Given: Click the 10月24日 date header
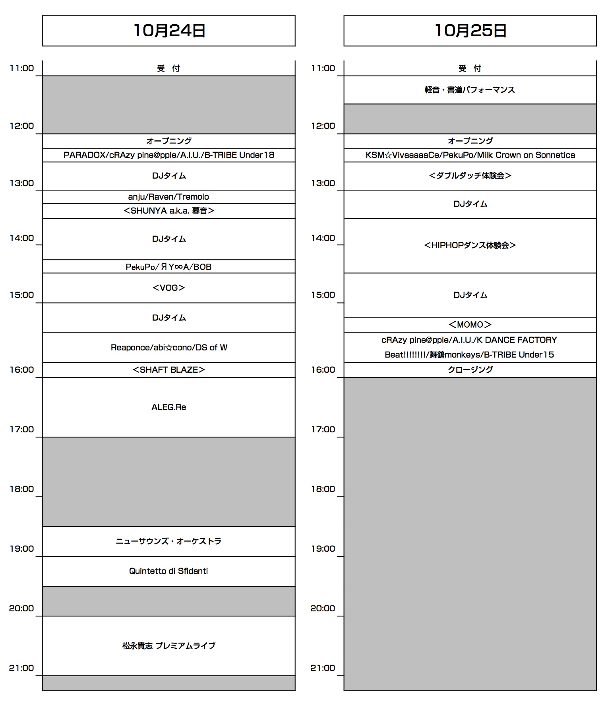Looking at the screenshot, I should tap(169, 31).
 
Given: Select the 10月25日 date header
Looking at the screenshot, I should tap(470, 31).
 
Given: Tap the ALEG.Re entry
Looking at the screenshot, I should tap(169, 407).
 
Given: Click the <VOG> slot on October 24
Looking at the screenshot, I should tap(169, 288).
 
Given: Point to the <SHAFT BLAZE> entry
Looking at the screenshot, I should tap(169, 370).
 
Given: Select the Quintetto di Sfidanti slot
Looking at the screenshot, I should tap(169, 571).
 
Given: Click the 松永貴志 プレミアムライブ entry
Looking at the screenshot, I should tap(169, 646).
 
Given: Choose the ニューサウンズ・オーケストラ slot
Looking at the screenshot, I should tap(169, 541).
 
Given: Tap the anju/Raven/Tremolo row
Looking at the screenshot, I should tap(169, 196).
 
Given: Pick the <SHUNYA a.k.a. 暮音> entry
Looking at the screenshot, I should tap(169, 211).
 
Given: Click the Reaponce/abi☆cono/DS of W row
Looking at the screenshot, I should tap(169, 348).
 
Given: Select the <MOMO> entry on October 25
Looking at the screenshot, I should tap(470, 325).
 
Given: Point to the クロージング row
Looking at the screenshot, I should tap(470, 370).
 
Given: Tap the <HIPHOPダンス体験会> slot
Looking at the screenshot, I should tap(470, 245).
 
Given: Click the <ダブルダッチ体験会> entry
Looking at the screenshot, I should tap(470, 176).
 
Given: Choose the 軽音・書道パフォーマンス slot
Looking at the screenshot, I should tap(470, 90).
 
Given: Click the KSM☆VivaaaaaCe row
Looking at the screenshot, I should tap(470, 155).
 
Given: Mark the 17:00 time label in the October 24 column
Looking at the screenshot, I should tap(22, 430).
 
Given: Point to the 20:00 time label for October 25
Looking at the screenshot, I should tap(323, 608).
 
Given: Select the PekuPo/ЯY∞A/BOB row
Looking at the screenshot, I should tap(169, 267).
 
